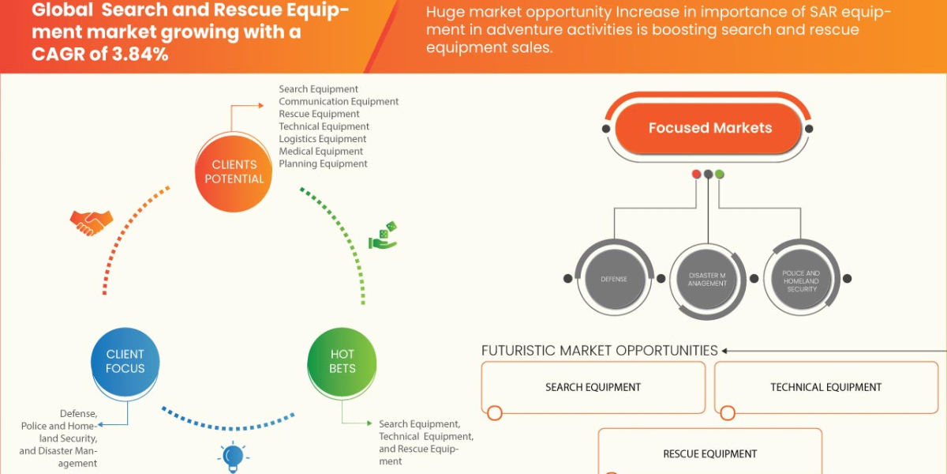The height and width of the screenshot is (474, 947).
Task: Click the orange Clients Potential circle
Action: (234, 171)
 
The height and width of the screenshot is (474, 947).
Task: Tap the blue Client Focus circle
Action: (125, 362)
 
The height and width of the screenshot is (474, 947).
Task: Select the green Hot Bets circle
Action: (342, 362)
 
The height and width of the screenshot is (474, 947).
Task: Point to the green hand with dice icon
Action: (384, 236)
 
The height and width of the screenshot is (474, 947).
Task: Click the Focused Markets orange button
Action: (709, 128)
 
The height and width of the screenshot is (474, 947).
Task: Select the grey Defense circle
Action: (614, 279)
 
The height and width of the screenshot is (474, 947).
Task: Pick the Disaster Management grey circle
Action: (707, 279)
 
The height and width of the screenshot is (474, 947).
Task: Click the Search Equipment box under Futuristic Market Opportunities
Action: (593, 387)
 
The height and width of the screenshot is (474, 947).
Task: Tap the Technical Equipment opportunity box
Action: (826, 387)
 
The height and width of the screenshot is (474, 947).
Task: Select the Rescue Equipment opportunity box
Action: (709, 453)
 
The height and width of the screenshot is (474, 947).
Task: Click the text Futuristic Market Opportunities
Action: (600, 351)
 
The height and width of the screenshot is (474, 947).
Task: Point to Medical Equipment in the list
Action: (321, 151)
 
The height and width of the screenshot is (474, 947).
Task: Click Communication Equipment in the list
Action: (339, 102)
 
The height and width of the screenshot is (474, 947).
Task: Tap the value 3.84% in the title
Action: (140, 55)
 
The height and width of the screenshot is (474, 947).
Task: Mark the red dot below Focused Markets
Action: (696, 174)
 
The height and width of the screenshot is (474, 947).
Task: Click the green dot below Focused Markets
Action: (720, 174)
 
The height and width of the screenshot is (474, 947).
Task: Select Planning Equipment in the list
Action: (323, 164)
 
